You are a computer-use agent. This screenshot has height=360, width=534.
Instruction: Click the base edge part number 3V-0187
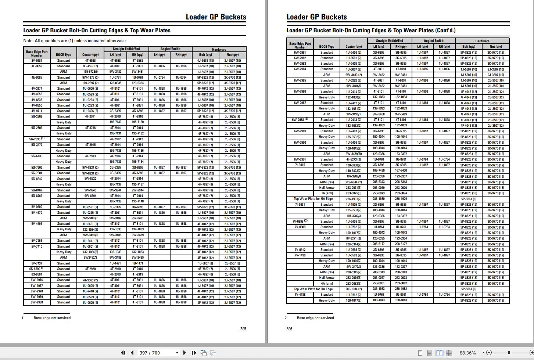[x=37, y=61]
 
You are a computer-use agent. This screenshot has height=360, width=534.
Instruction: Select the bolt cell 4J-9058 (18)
[x=205, y=61]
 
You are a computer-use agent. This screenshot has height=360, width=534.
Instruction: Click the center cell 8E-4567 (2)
[x=90, y=66]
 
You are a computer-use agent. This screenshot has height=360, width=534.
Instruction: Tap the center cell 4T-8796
[x=90, y=128]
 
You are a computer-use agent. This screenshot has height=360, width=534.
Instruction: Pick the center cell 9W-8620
[x=90, y=179]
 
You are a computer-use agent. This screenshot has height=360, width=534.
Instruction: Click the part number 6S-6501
[x=37, y=274]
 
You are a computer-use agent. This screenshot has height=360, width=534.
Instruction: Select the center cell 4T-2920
[x=90, y=269]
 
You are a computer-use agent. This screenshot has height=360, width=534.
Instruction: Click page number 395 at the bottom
[x=243, y=329]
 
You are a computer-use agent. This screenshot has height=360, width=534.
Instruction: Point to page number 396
[x=289, y=329]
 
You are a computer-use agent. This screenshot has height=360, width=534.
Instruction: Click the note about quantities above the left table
[x=74, y=41]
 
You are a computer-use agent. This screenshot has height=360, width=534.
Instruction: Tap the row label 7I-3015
[x=300, y=165]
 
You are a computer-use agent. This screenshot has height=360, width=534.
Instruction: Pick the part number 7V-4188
[x=300, y=295]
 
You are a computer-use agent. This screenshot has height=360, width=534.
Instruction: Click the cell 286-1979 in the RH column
[x=401, y=199]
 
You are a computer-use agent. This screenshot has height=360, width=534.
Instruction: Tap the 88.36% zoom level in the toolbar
[x=467, y=353]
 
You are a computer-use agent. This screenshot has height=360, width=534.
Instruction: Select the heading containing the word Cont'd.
[x=371, y=30]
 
